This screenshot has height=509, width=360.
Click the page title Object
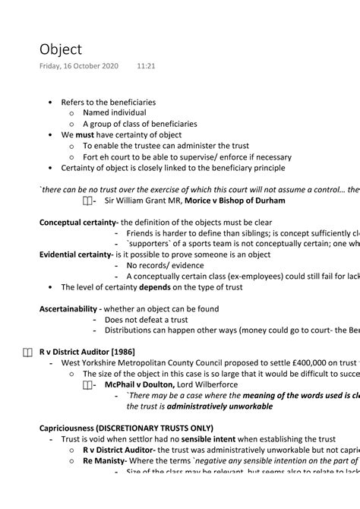click(x=61, y=49)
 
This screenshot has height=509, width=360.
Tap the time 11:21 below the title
click(x=146, y=67)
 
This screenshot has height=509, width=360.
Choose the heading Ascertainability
click(x=69, y=308)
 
